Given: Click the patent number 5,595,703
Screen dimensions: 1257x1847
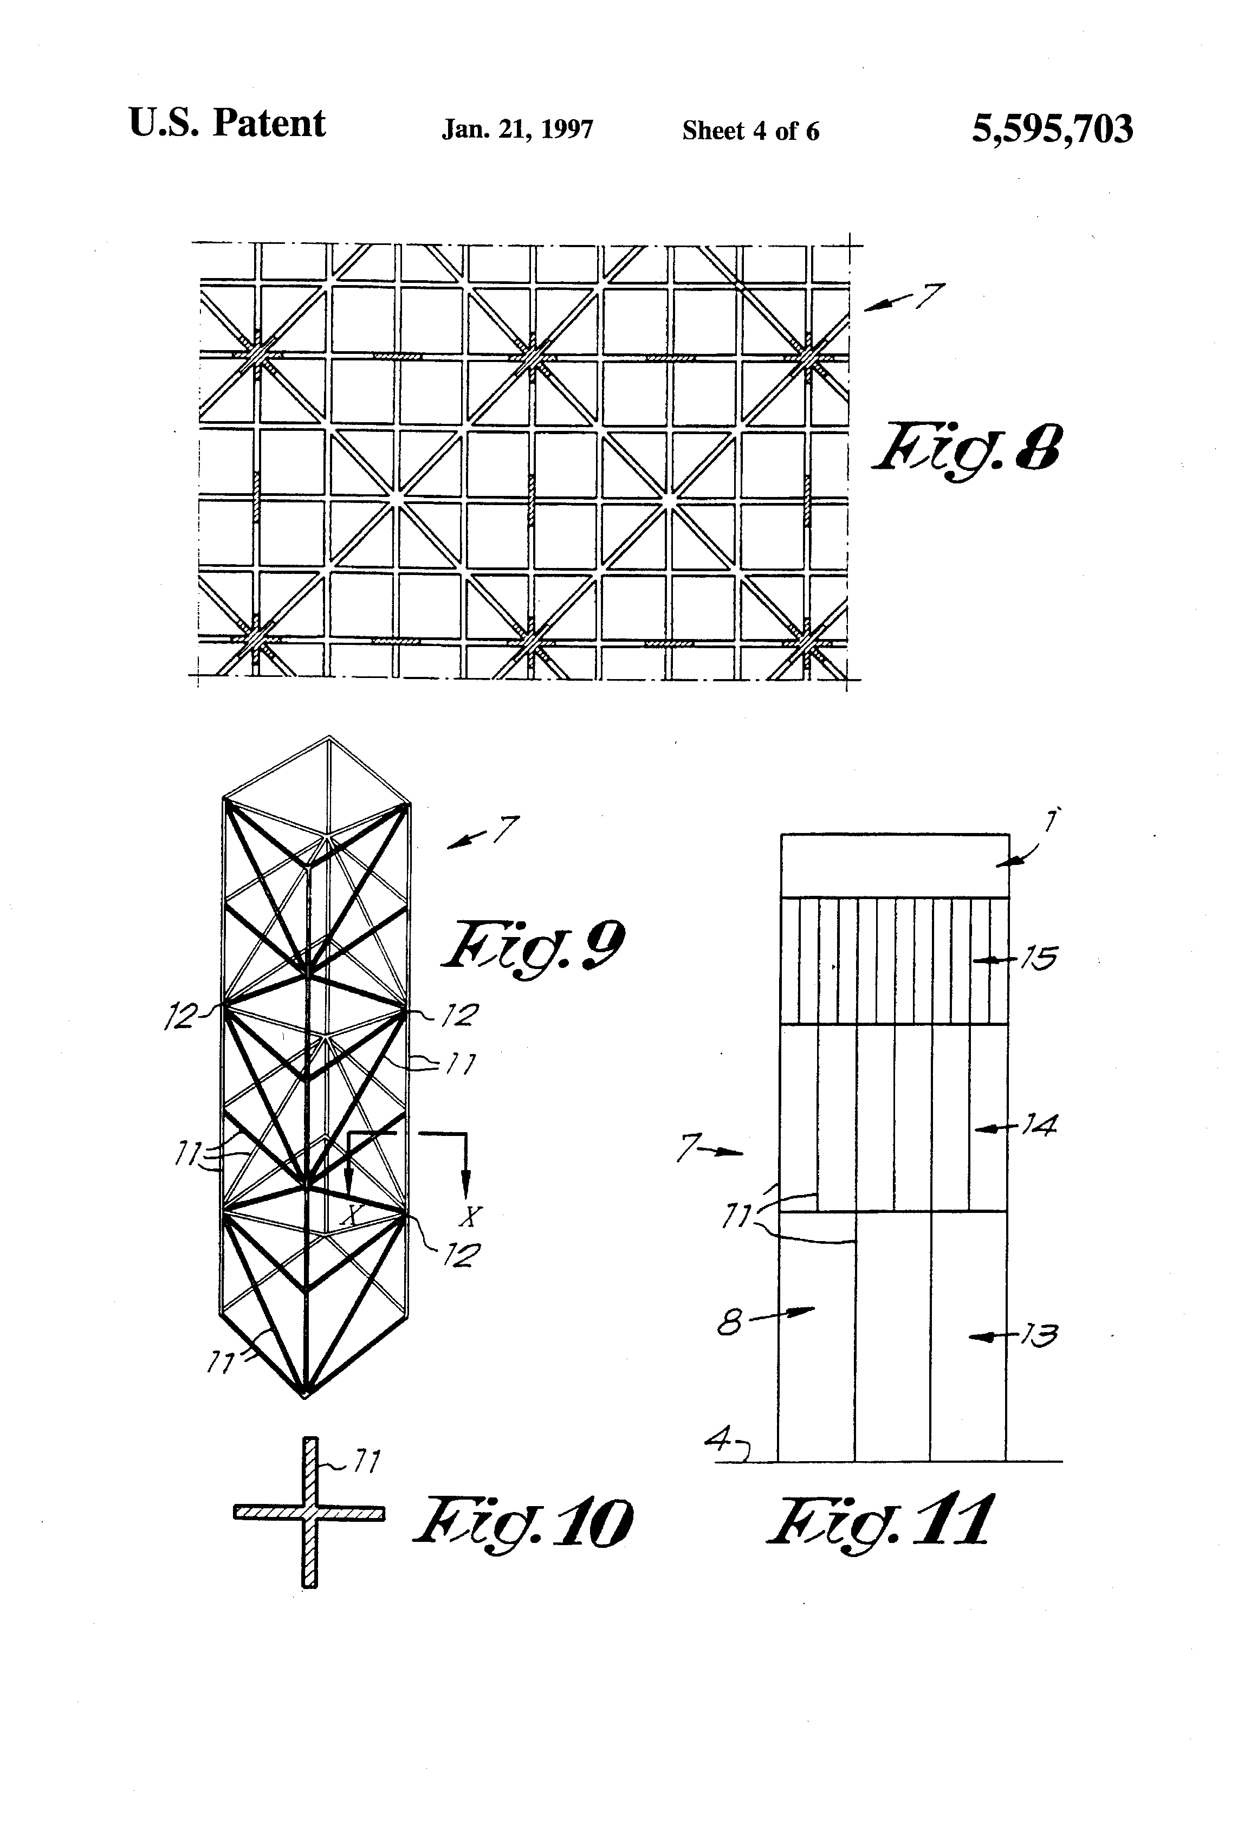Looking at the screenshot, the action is [x=1052, y=129].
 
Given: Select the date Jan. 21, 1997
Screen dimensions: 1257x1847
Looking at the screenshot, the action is [x=517, y=130].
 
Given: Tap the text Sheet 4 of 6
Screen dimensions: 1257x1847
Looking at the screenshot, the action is [x=750, y=131].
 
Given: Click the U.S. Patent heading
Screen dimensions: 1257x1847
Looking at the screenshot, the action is [x=227, y=124].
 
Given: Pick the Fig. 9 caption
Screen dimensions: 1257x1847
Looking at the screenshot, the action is [x=533, y=946].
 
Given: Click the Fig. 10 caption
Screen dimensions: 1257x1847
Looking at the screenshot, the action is [x=522, y=1523].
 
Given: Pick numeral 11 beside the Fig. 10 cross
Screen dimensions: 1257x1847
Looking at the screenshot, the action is [x=366, y=1461].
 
